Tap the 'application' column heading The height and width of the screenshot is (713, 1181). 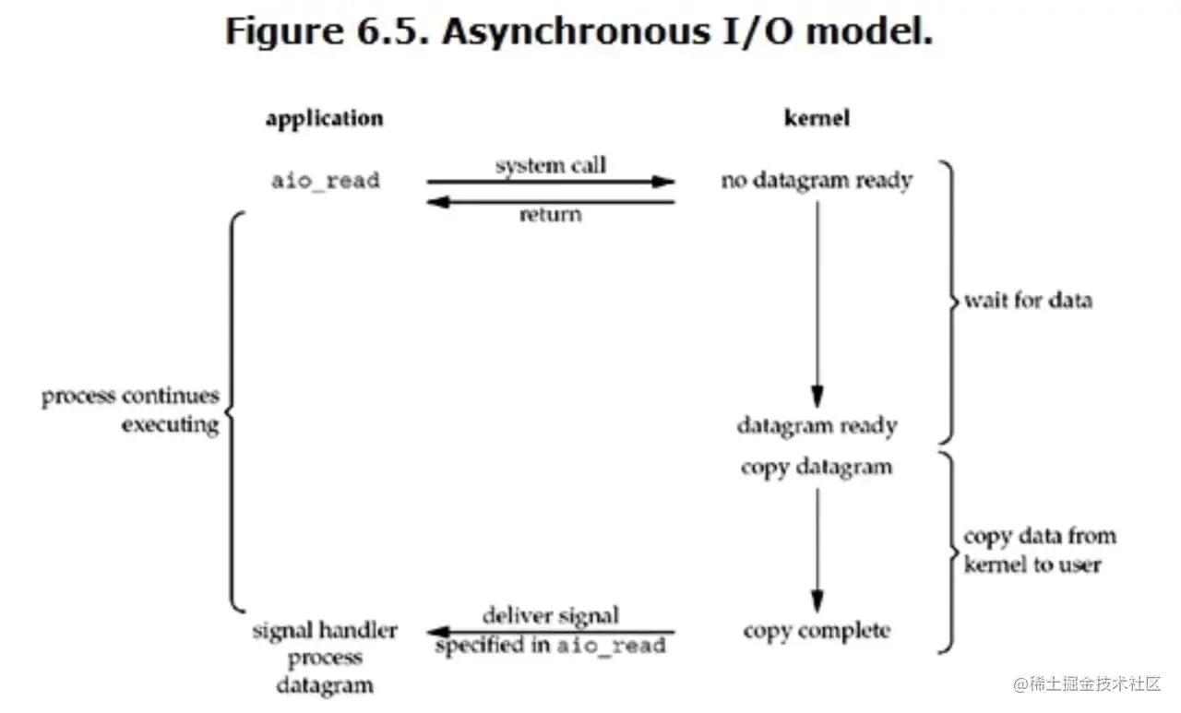324,119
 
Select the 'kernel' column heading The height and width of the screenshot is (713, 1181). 817,119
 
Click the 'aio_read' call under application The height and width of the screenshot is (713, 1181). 325,181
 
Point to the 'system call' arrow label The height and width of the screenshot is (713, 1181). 551,166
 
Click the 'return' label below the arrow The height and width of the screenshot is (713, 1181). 551,215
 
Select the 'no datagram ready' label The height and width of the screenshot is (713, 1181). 817,181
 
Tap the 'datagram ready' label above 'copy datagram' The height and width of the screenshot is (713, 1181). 817,425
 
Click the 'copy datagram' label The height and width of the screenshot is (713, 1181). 817,467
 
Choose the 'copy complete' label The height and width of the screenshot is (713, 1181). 817,632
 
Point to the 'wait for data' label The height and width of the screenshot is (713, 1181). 1028,301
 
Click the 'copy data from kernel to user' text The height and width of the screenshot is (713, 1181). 1040,551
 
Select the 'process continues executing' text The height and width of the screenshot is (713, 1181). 130,410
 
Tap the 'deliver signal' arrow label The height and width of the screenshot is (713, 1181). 551,615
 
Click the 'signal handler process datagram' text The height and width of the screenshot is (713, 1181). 325,658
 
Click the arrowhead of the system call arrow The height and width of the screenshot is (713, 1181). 664,182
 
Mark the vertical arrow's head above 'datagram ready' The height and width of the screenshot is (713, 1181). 817,396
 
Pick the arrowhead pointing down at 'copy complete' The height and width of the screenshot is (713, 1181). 817,600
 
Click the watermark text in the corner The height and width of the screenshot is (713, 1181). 1087,684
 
